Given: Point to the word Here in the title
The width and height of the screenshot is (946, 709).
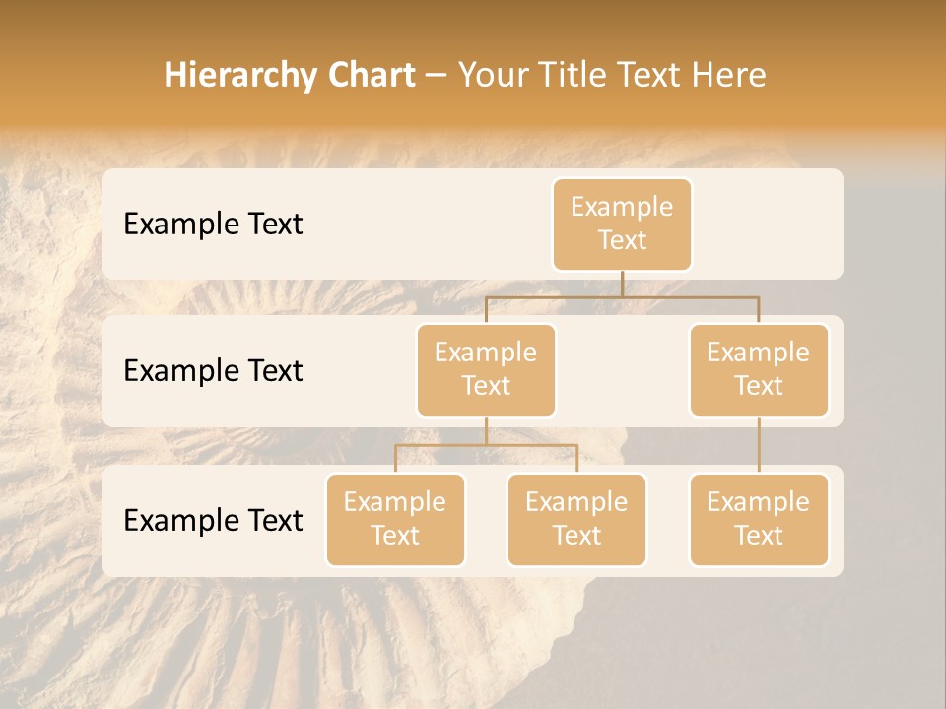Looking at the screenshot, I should [728, 76].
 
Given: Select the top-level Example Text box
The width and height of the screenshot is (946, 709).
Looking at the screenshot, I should [622, 224].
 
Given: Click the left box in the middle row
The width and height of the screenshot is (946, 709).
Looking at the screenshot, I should [486, 369].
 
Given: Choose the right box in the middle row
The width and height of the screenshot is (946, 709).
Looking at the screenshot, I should [759, 369].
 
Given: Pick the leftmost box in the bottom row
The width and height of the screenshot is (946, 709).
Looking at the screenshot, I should [395, 519].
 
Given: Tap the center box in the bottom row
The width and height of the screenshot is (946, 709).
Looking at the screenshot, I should [576, 519].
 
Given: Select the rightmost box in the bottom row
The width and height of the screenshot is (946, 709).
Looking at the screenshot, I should [759, 519].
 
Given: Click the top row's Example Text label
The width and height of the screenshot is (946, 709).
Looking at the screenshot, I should [213, 225].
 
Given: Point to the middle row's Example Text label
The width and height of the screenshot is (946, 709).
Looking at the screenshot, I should [213, 371].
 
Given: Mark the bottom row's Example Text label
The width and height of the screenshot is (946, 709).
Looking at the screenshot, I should [213, 520].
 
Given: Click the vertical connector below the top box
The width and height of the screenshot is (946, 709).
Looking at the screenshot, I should [622, 284].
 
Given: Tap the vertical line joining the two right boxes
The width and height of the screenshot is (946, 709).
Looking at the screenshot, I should [759, 445].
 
